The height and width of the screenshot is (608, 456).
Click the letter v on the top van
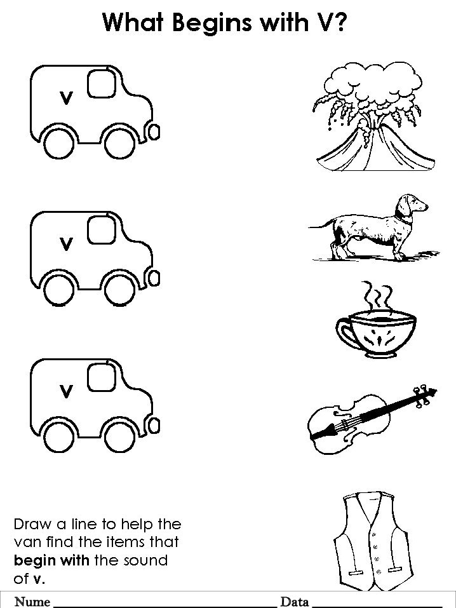tap(66, 97)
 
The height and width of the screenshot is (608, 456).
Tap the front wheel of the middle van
tap(120, 289)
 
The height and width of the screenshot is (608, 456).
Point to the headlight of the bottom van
tap(154, 426)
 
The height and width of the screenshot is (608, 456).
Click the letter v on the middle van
tap(66, 244)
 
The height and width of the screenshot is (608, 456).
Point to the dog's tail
tap(322, 225)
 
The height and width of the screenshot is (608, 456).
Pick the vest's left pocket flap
tap(355, 572)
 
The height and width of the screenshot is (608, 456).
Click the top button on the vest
tap(374, 535)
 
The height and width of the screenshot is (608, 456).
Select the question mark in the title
tap(338, 22)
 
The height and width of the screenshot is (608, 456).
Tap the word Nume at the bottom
tap(32, 602)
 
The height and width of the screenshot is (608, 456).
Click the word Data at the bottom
tap(294, 602)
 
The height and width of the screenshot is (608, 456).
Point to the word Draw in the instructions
tap(32, 524)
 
